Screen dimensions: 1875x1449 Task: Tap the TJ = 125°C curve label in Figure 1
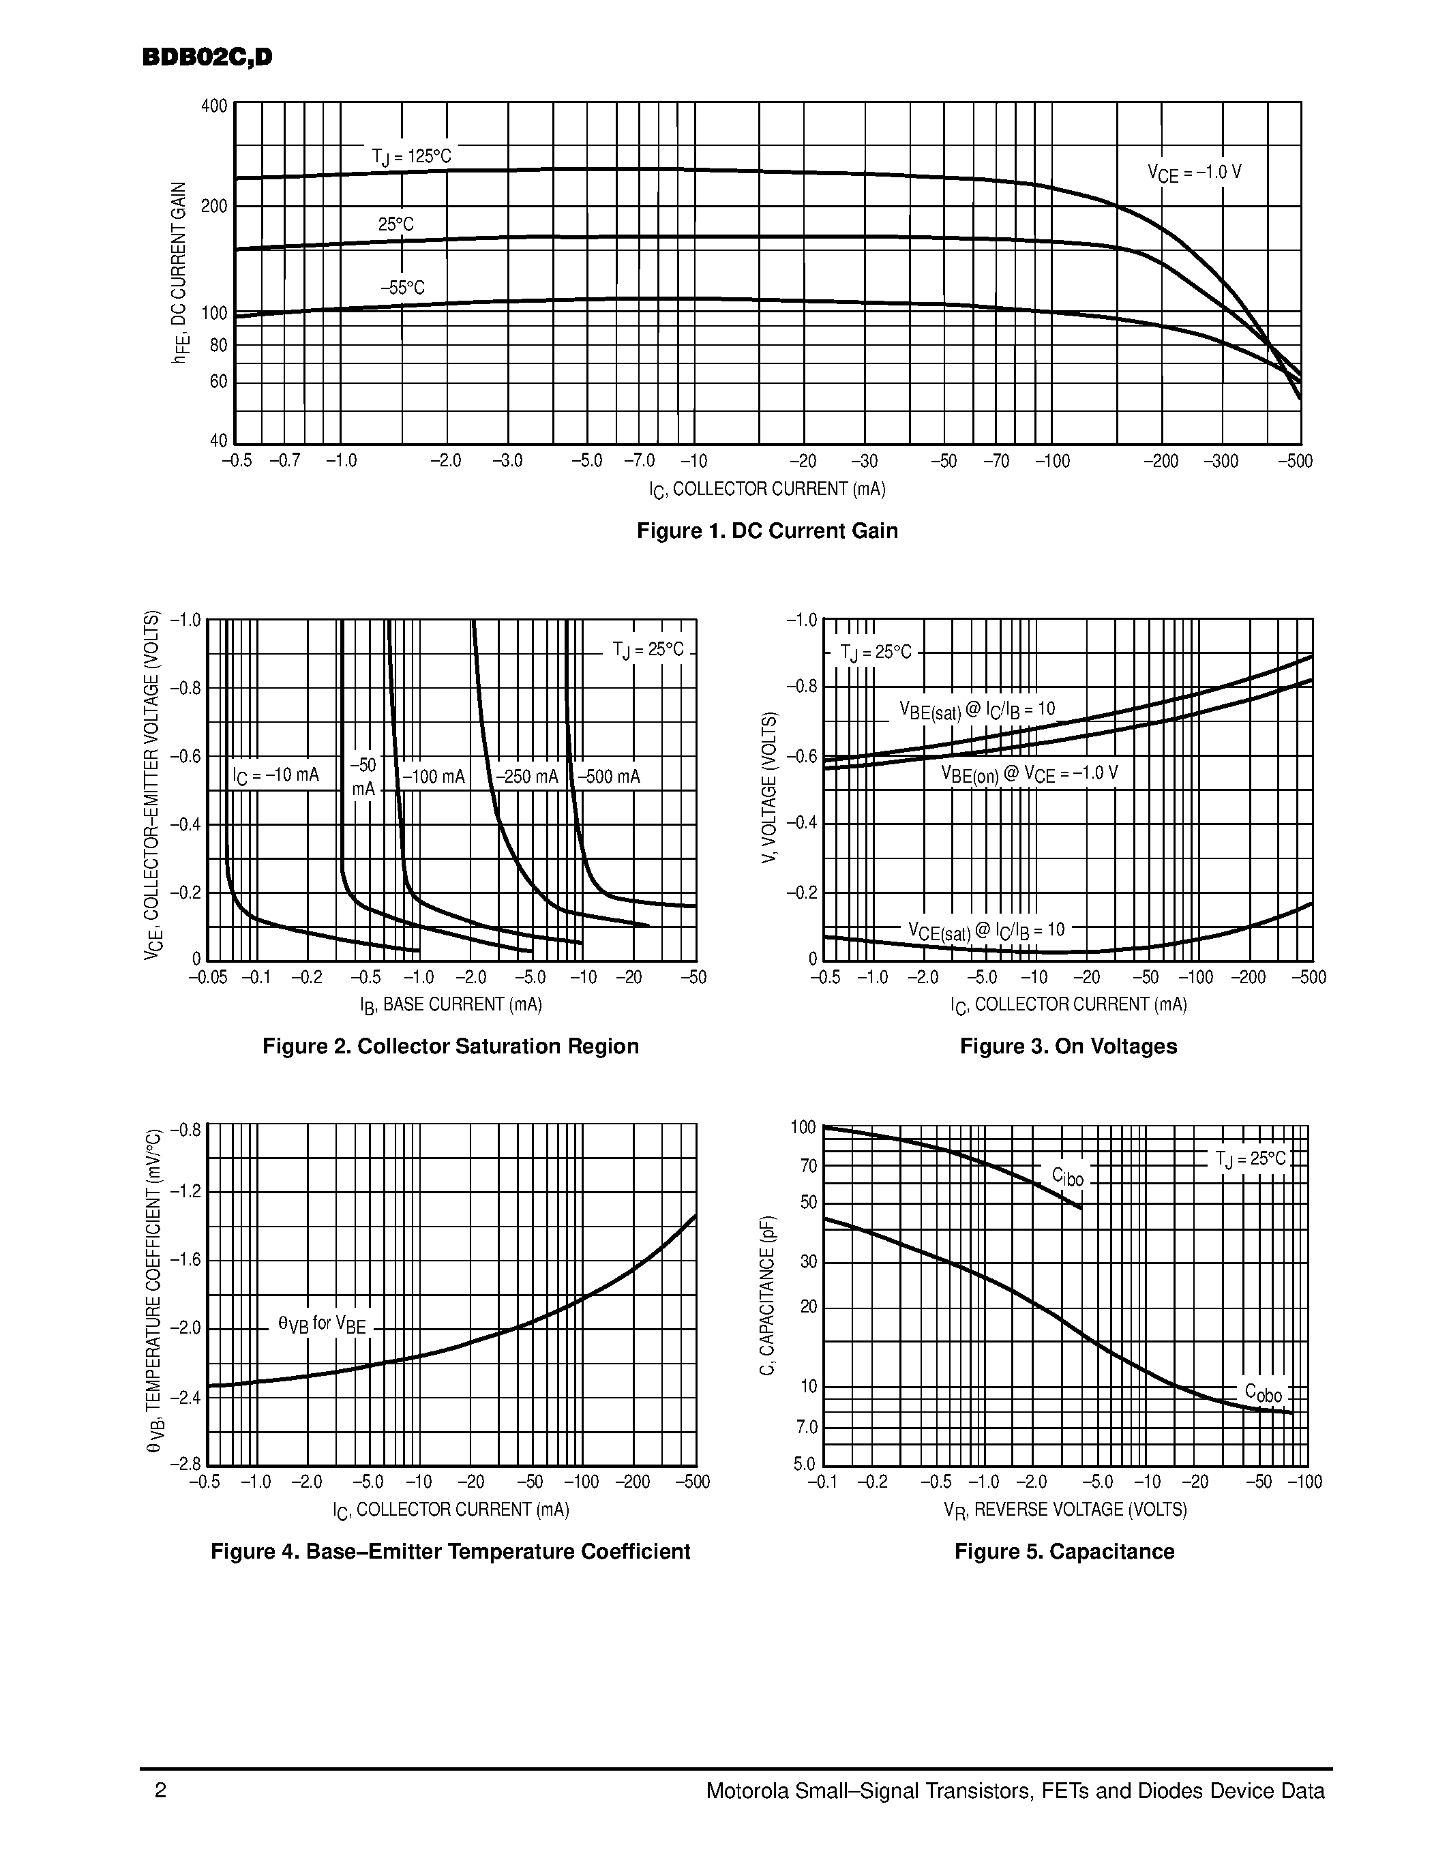pyautogui.click(x=411, y=156)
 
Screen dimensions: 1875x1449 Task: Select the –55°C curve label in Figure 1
pyautogui.click(x=402, y=288)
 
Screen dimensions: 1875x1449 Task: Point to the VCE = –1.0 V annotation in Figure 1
pyautogui.click(x=1194, y=172)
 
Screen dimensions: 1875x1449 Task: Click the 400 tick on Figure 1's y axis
pyautogui.click(x=213, y=106)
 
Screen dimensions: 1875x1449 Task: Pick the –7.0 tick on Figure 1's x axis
pyautogui.click(x=639, y=461)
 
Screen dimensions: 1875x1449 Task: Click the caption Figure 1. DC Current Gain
pyautogui.click(x=766, y=530)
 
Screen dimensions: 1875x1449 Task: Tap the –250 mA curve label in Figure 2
pyautogui.click(x=527, y=777)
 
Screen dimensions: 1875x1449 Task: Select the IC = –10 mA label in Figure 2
pyautogui.click(x=275, y=776)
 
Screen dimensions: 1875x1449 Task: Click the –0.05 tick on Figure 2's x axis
pyautogui.click(x=208, y=977)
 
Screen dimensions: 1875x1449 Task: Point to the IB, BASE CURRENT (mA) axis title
pyautogui.click(x=451, y=1004)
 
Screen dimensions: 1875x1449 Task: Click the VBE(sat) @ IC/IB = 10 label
pyautogui.click(x=977, y=710)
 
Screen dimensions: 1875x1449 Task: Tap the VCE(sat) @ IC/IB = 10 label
pyautogui.click(x=986, y=931)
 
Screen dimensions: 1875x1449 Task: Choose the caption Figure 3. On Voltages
pyautogui.click(x=1068, y=1046)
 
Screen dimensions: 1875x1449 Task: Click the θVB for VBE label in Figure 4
pyautogui.click(x=322, y=1325)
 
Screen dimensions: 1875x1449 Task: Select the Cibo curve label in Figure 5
pyautogui.click(x=1068, y=1177)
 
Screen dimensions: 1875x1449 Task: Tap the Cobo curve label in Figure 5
pyautogui.click(x=1263, y=1392)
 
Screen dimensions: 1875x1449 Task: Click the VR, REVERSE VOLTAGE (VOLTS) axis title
pyautogui.click(x=1064, y=1510)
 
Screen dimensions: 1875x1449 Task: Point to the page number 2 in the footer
pyautogui.click(x=160, y=1791)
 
